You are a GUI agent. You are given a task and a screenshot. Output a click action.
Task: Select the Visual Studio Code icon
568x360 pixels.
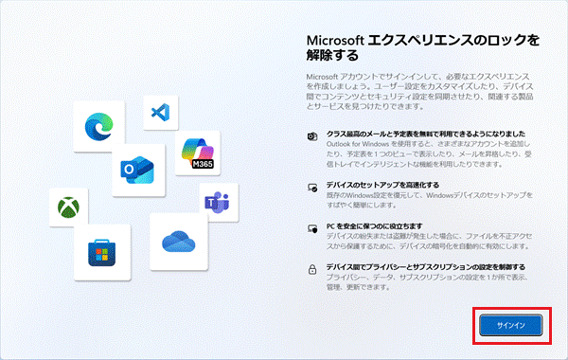(x=159, y=112)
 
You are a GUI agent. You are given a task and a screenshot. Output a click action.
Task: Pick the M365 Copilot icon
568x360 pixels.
(x=201, y=154)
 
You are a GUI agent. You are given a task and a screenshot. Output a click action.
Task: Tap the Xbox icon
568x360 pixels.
(x=68, y=207)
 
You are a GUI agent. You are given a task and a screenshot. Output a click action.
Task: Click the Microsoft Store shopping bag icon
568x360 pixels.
(x=105, y=251)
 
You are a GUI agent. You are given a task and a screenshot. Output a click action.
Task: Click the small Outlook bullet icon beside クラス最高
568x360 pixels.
(x=312, y=136)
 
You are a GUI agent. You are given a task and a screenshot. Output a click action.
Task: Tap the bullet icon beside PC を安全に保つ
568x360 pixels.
(x=312, y=227)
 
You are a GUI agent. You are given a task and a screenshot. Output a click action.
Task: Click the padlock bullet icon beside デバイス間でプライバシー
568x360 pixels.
(x=312, y=269)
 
